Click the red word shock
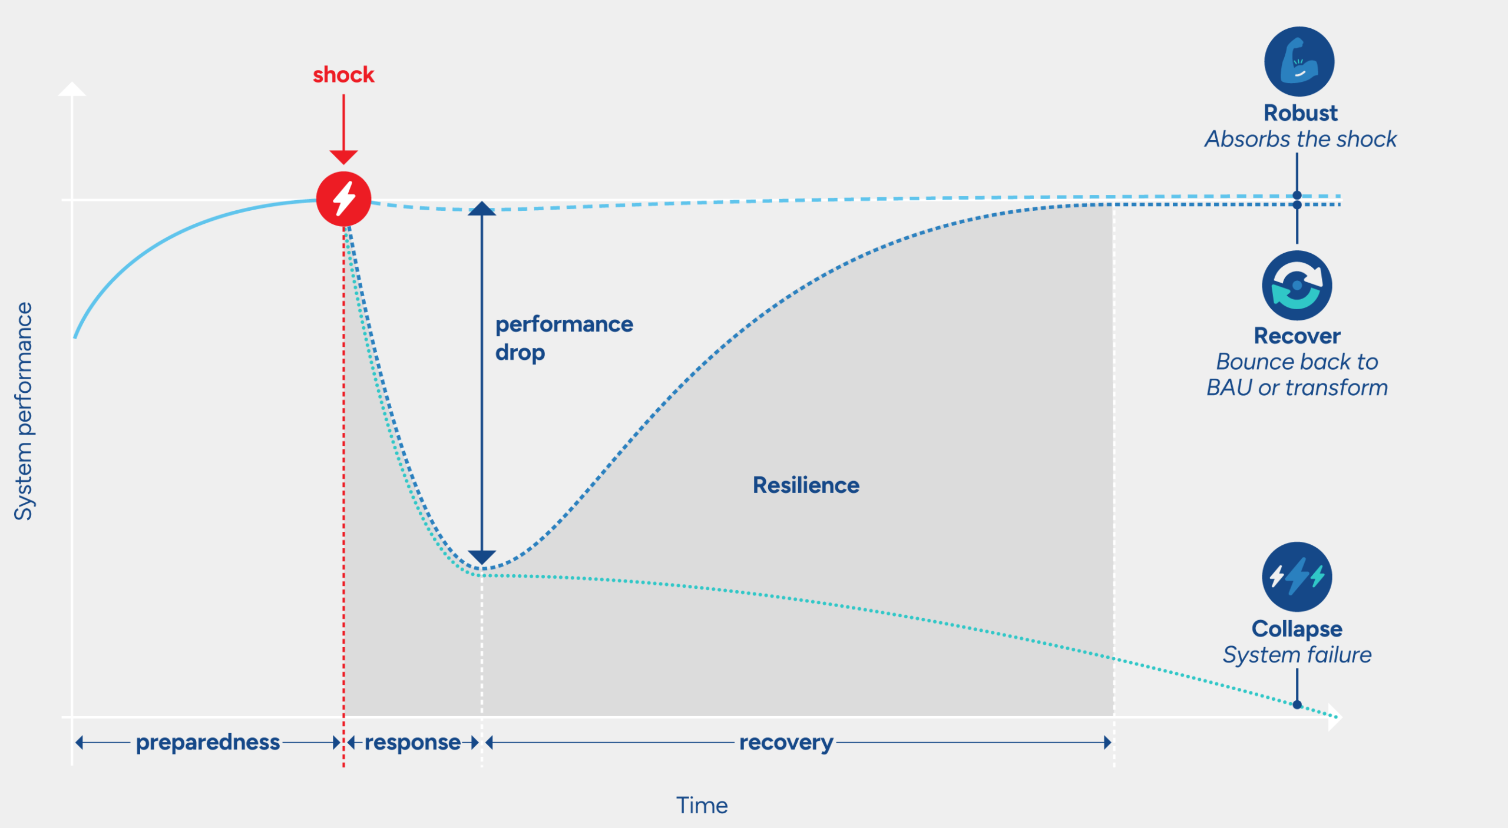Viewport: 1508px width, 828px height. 343,75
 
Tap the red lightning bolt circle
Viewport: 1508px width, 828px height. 343,199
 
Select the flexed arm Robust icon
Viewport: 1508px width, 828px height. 1299,62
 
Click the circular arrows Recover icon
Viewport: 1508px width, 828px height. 1297,286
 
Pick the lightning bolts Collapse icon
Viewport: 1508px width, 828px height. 1297,577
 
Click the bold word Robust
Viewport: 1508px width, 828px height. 1300,113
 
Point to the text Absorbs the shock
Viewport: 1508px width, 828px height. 1300,140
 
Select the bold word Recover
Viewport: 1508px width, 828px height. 1297,336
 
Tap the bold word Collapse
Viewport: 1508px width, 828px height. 1297,629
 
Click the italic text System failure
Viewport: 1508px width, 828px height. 1297,655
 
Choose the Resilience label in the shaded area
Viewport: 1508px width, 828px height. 806,485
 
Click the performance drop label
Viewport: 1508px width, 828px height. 563,338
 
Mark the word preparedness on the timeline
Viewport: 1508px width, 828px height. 208,743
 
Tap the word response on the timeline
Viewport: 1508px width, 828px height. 412,743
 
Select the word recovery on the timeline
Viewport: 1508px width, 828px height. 786,743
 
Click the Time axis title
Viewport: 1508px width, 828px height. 702,806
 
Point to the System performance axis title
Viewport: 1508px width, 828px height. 24,411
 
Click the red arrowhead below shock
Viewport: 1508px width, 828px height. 343,157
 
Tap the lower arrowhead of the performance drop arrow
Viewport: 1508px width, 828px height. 481,557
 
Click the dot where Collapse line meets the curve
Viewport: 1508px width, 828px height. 1297,704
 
